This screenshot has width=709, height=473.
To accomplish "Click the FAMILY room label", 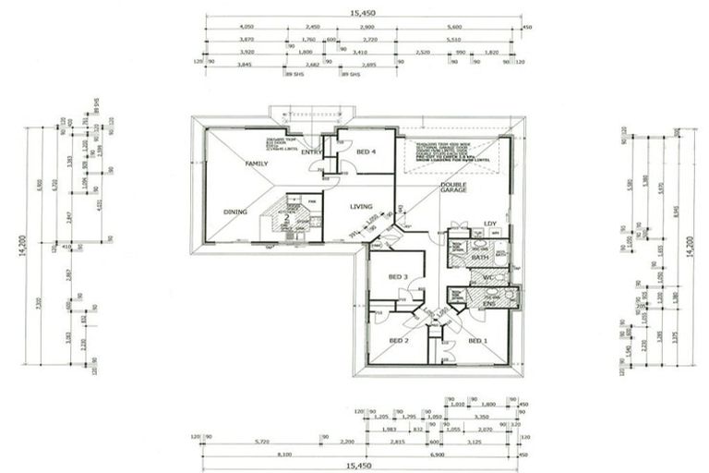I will pyautogui.click(x=256, y=163).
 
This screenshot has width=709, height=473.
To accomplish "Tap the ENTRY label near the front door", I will pyautogui.click(x=311, y=152).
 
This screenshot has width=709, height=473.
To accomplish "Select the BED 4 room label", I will pyautogui.click(x=366, y=152).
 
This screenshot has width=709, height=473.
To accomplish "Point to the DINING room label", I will pyautogui.click(x=235, y=212).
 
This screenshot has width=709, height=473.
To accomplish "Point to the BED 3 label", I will pyautogui.click(x=398, y=277).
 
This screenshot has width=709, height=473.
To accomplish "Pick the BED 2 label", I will pyautogui.click(x=398, y=341).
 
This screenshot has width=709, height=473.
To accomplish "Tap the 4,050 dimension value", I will pyautogui.click(x=246, y=28).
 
